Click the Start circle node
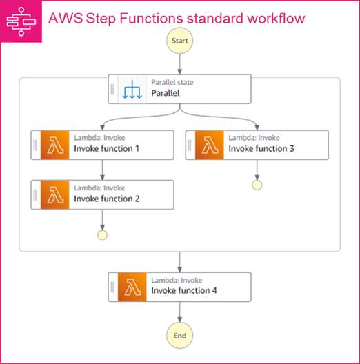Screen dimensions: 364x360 (x=179, y=41)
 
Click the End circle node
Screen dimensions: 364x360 (x=179, y=336)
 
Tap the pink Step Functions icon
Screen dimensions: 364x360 (x=20, y=21)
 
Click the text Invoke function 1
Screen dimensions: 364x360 (x=107, y=148)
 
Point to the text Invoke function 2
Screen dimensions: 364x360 (x=107, y=199)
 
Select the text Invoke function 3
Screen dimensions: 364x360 (x=261, y=148)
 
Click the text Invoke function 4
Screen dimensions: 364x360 (x=184, y=290)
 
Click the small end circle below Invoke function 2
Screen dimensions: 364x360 (x=102, y=234)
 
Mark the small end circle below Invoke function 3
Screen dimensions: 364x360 (x=257, y=185)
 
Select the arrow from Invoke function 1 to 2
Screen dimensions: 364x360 (x=102, y=170)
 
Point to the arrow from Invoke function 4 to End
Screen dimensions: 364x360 (x=179, y=312)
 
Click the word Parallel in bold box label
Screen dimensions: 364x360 (x=166, y=92)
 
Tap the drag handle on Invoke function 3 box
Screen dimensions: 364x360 (x=190, y=144)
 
